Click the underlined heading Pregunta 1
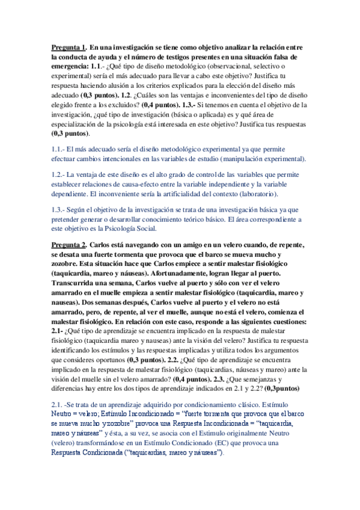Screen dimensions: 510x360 pyautogui.click(x=69, y=48)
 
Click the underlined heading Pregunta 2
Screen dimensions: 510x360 pyautogui.click(x=69, y=245)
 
